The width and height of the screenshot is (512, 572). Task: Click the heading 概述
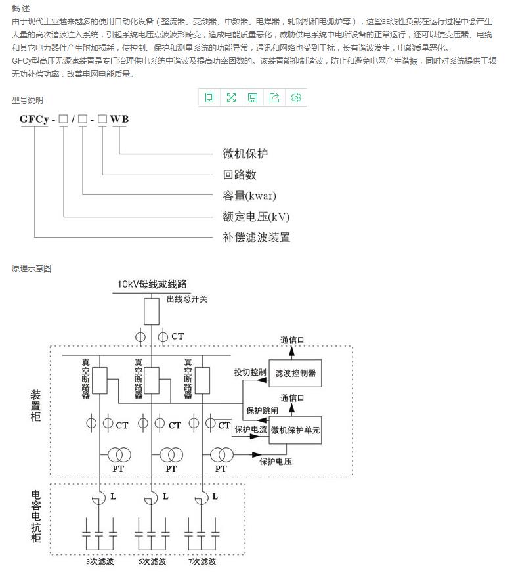[x=21, y=9]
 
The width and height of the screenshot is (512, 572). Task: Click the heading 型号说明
[x=27, y=100]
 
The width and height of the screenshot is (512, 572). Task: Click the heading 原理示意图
[x=31, y=268]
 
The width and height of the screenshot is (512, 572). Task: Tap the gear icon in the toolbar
[x=296, y=98]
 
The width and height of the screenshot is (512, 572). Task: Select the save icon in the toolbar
[x=253, y=98]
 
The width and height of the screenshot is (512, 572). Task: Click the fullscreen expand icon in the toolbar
[x=231, y=98]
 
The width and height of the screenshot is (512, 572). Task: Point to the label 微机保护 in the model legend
[x=245, y=154]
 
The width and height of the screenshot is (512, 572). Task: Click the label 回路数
[x=239, y=175]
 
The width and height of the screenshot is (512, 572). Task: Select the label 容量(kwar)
[x=249, y=196]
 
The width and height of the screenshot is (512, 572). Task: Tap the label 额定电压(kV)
[x=255, y=217]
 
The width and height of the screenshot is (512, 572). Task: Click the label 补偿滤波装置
[x=256, y=237]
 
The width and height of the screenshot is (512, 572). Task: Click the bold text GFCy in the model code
[x=34, y=119]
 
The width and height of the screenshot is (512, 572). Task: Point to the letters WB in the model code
[x=119, y=119]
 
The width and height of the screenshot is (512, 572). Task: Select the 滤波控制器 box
[x=295, y=373]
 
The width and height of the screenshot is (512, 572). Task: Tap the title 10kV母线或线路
[x=152, y=284]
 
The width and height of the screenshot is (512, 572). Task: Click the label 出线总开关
[x=187, y=299]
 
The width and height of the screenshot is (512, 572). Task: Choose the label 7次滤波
[x=202, y=561]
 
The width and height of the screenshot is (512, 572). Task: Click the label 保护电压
[x=276, y=461]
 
